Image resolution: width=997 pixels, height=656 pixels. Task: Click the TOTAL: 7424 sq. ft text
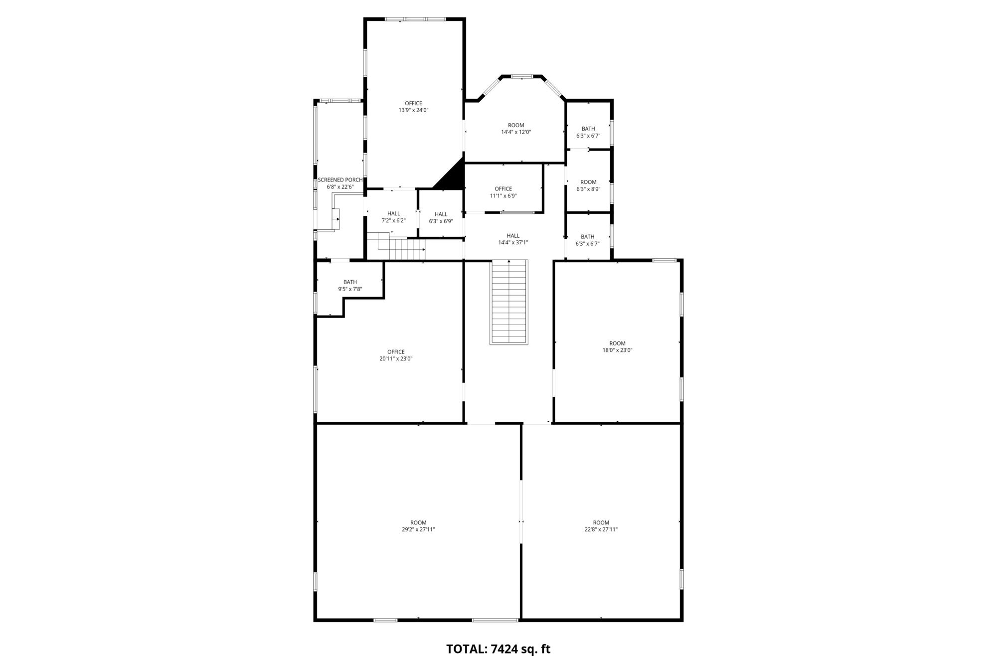(x=498, y=649)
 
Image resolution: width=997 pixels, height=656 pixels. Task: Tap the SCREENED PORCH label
(x=340, y=180)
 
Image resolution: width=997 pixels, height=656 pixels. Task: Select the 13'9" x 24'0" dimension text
(x=413, y=110)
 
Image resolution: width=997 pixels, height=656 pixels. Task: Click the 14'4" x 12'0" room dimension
(x=516, y=132)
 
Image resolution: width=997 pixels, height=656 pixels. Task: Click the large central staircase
(x=509, y=302)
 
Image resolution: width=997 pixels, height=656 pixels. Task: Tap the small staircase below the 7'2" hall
(x=396, y=246)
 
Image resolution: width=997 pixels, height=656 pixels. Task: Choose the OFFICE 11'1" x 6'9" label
(x=503, y=192)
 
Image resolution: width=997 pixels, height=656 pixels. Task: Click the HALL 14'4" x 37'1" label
(x=513, y=239)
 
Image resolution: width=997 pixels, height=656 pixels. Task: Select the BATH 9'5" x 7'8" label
(x=350, y=286)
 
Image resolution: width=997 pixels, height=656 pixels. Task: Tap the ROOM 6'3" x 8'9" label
(x=588, y=185)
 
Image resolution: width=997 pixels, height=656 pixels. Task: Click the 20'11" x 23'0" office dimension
(x=396, y=358)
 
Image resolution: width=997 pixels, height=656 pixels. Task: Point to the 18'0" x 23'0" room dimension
(x=617, y=350)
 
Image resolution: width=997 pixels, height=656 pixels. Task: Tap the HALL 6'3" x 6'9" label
(x=441, y=218)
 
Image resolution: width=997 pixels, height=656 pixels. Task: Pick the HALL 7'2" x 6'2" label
(x=393, y=217)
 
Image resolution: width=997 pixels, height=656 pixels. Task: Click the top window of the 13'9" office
(x=415, y=19)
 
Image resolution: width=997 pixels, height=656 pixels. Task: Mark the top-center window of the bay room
(x=522, y=76)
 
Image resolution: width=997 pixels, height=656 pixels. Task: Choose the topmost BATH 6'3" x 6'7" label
(x=588, y=132)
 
